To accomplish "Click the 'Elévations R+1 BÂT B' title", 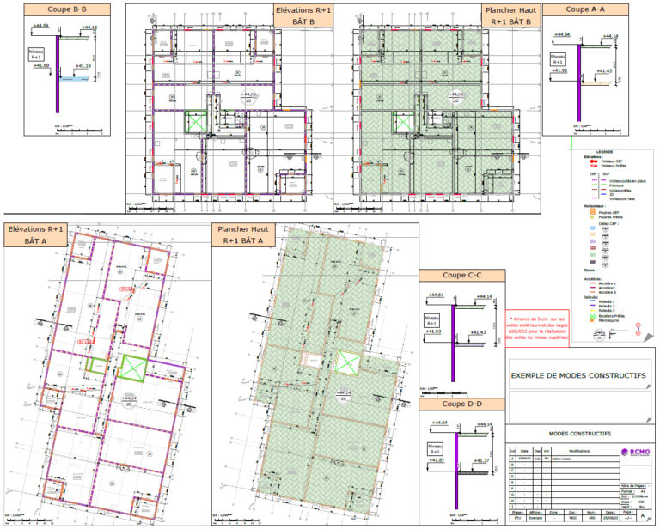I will [302, 15].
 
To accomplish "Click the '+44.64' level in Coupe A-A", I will [560, 37].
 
